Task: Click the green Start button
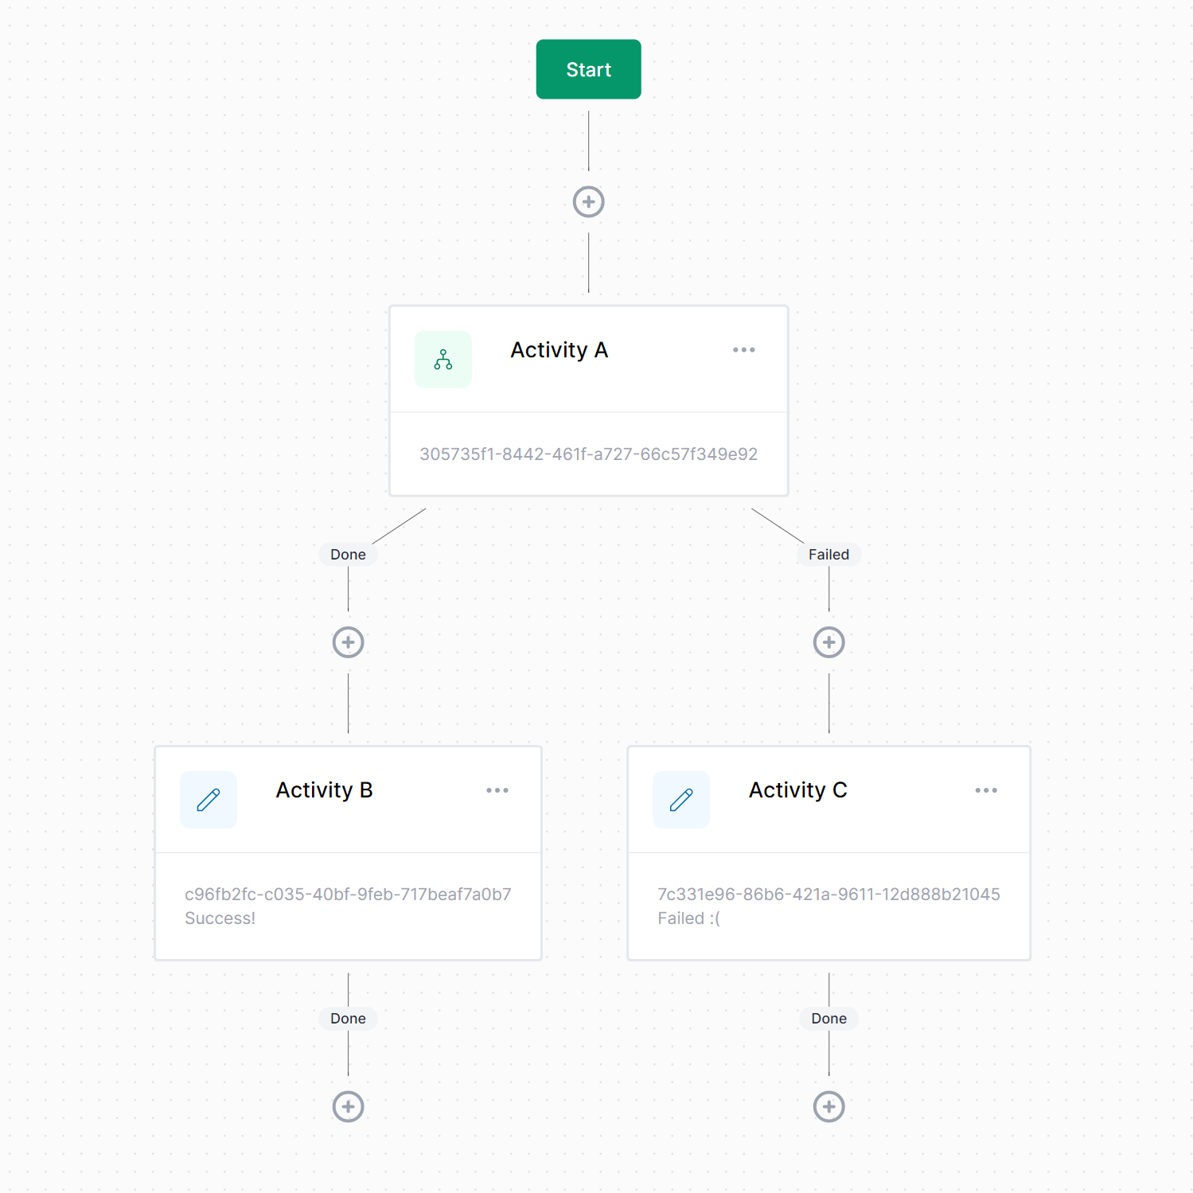(x=588, y=69)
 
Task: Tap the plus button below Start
(x=589, y=202)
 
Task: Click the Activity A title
(x=559, y=350)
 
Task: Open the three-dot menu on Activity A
(x=744, y=350)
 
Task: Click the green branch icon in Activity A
(x=443, y=360)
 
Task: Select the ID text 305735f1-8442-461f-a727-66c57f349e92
(x=589, y=454)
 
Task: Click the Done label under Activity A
(x=349, y=555)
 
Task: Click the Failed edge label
(x=829, y=555)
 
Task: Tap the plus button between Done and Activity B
(x=349, y=642)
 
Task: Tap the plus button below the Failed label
(x=829, y=642)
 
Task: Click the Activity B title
(x=325, y=790)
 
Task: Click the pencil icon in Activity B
(x=209, y=800)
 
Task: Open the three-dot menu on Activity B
(x=497, y=790)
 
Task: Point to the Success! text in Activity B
(x=220, y=918)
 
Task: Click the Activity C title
(x=798, y=790)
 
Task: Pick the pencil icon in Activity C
(x=681, y=800)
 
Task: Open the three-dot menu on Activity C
(x=986, y=790)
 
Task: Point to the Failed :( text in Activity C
(x=689, y=918)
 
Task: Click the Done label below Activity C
(x=829, y=1019)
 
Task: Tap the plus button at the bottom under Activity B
(x=349, y=1106)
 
